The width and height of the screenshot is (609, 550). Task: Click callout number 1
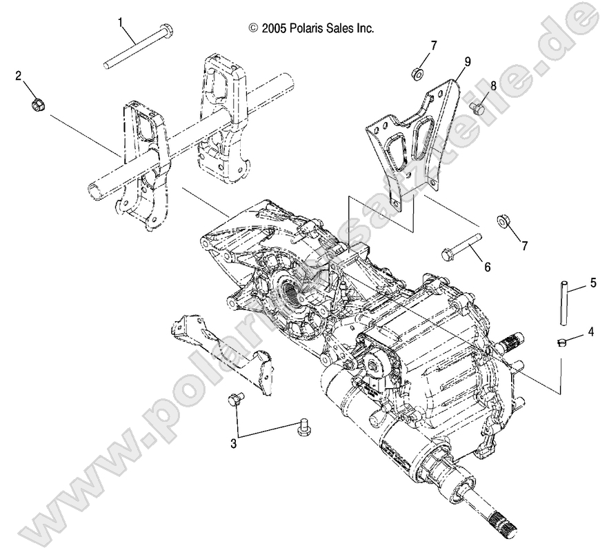[x=122, y=23]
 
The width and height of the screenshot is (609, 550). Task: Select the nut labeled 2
[x=38, y=105]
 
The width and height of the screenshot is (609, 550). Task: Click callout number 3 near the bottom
[x=234, y=444]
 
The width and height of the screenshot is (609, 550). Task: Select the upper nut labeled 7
[x=417, y=72]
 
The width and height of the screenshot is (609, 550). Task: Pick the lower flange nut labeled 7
[x=503, y=223]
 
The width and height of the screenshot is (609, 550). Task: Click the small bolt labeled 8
[x=476, y=108]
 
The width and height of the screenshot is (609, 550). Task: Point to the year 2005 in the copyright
[x=272, y=28]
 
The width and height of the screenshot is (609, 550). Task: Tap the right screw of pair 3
[x=301, y=427]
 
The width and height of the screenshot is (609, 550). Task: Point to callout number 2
[x=19, y=76]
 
